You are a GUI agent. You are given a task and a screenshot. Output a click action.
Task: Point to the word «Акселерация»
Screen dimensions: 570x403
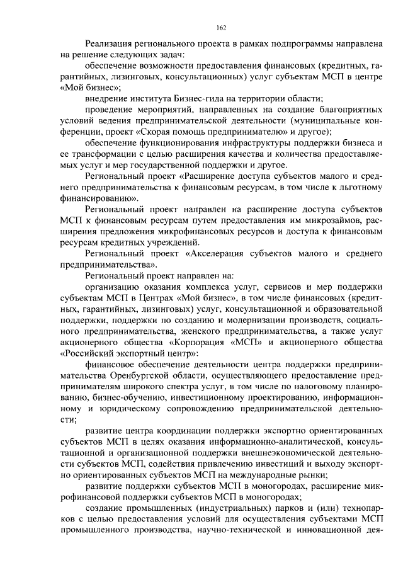click(220, 254)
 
